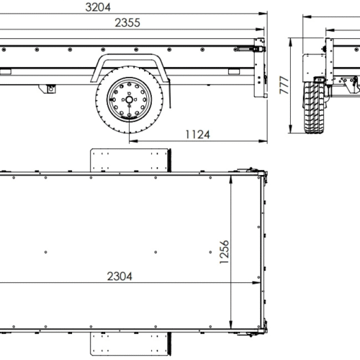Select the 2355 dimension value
pyautogui.click(x=127, y=22)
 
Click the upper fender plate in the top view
pyautogui.click(x=130, y=160)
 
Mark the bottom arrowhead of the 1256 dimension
pyautogui.click(x=232, y=329)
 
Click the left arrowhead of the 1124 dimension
pyautogui.click(x=132, y=141)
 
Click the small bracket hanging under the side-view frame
pyautogui.click(x=50, y=89)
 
